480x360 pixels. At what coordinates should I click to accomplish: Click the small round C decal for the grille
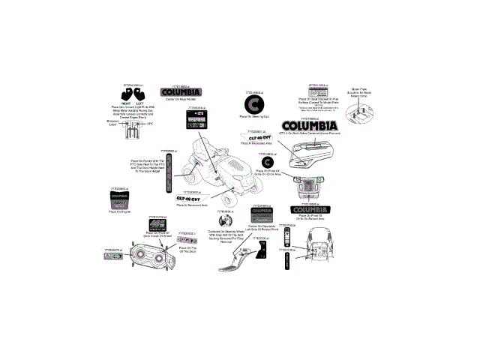pos(267,161)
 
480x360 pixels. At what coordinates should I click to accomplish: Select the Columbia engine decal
pos(119,200)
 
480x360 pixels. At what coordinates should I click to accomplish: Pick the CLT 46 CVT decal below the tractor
pos(191,198)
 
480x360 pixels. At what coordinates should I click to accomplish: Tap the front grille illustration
pos(307,187)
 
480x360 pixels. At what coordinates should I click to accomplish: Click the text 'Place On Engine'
pos(119,212)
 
